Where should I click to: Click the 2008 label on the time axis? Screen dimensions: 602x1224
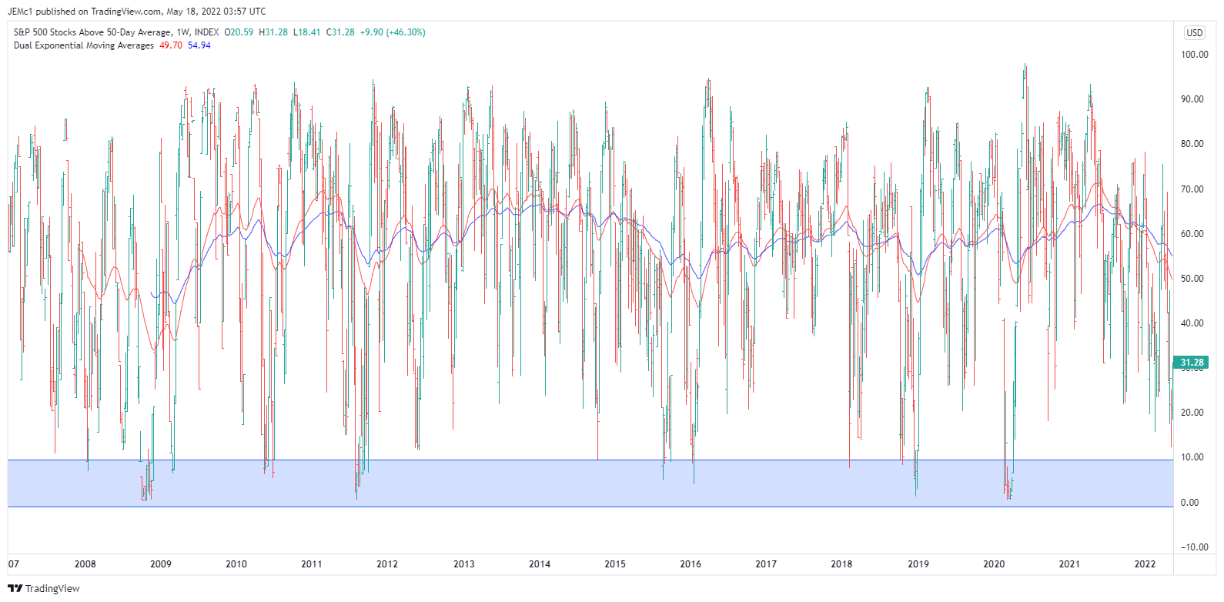tap(85, 564)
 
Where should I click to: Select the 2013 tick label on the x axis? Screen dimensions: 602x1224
tap(463, 564)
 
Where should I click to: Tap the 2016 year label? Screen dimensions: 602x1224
tap(691, 564)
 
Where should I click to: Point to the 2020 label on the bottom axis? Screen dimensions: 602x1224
tap(994, 564)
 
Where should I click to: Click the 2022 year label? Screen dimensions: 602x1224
tap(1145, 564)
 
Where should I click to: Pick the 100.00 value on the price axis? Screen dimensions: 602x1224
tap(1194, 55)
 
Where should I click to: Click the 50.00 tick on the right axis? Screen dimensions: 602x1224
tap(1192, 279)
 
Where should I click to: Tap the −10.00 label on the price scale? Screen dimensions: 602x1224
tap(1194, 547)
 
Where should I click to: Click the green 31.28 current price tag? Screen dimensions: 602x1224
tap(1192, 363)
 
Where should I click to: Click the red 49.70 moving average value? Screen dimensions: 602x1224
tap(171, 45)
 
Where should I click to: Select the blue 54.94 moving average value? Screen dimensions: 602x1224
tap(199, 45)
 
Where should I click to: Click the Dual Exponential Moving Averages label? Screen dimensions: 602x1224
tap(84, 45)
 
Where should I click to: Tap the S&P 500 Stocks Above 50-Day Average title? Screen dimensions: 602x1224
tap(92, 32)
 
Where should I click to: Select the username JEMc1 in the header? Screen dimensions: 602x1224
tap(20, 12)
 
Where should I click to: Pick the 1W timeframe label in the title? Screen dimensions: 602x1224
tap(183, 32)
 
